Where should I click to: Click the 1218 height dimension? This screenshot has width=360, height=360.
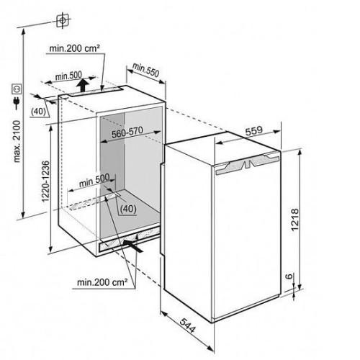pos(294,220)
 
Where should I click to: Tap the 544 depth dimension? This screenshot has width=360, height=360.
pos(187,325)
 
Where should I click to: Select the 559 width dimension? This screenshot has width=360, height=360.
pos(254,131)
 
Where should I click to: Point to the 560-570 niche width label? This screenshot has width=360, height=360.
pos(127,132)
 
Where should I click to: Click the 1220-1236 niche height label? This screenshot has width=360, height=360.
pos(45,181)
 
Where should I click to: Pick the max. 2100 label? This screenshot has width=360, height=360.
pos(17,142)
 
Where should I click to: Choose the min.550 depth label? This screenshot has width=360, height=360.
pos(145,70)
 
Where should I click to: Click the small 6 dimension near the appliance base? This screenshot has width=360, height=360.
pos(290,276)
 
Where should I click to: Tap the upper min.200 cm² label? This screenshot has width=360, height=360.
pos(74,48)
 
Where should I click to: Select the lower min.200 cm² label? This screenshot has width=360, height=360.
pos(102,282)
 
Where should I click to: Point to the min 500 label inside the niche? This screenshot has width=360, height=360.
pos(94,181)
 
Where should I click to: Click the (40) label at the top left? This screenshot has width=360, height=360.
pos(39,112)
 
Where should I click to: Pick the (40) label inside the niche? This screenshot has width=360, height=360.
pos(128,209)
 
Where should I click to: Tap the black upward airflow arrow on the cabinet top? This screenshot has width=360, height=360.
pos(83,85)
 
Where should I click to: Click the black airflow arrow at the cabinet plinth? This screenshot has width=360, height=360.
pos(132,246)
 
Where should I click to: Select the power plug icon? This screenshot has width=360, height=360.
pos(17,103)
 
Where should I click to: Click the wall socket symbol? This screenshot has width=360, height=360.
pos(17,89)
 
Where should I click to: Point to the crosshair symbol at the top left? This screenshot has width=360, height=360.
pos(63,20)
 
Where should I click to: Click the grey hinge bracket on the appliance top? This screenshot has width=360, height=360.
pos(247,165)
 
